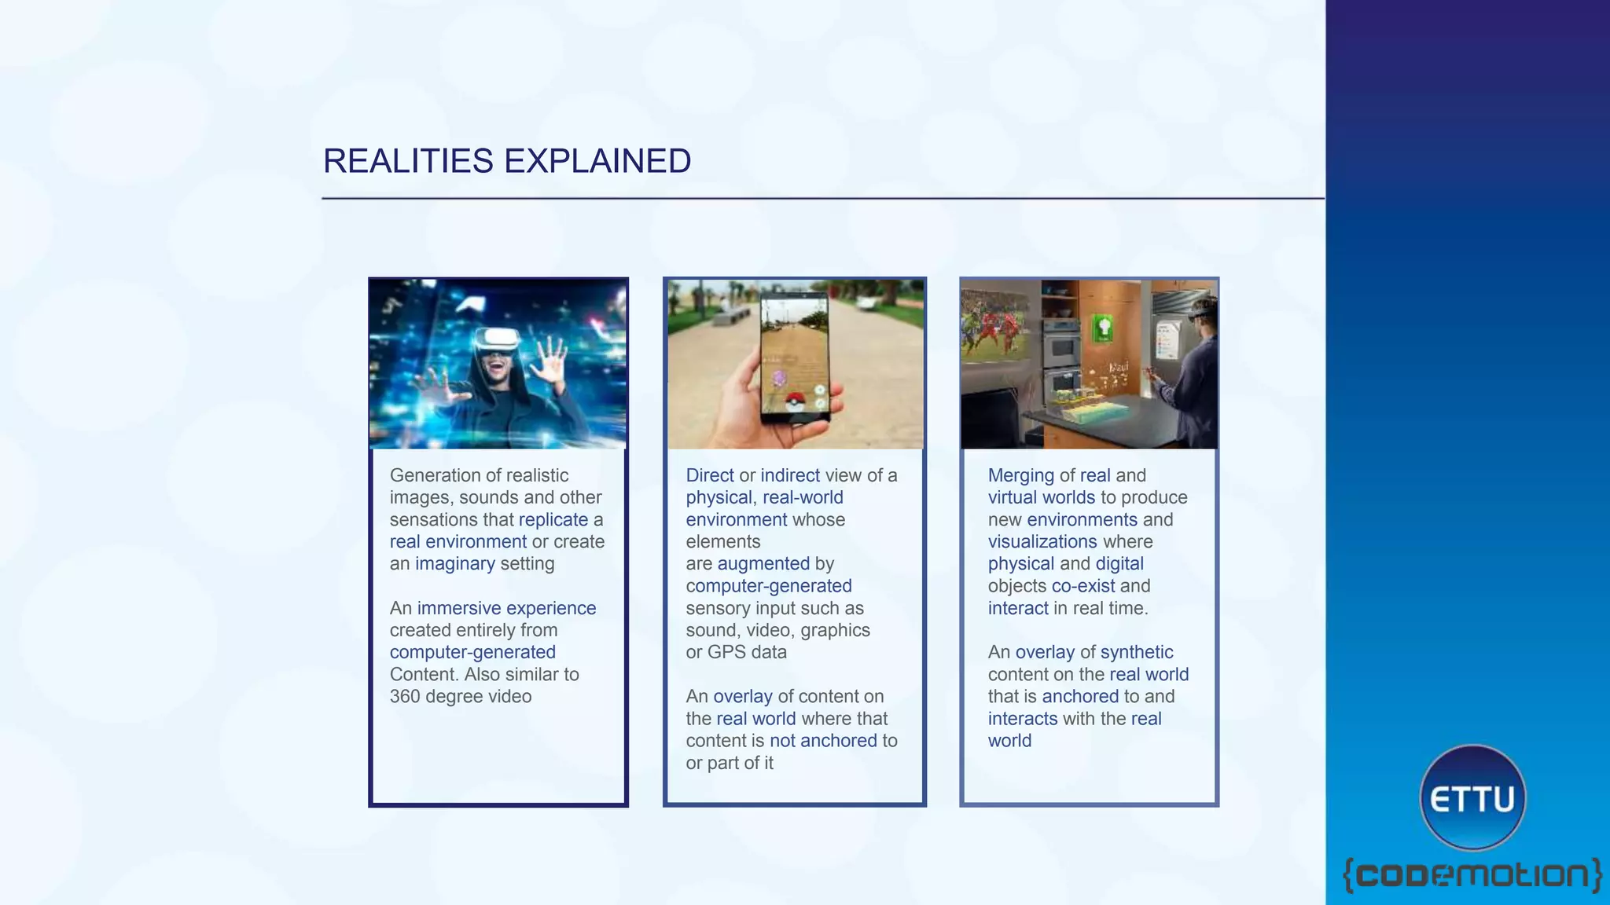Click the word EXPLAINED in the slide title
[x=597, y=161]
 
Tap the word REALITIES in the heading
[x=408, y=161]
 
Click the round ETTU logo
[x=1472, y=798]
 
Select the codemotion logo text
[x=1472, y=875]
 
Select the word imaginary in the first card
[x=455, y=564]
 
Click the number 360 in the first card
[x=405, y=697]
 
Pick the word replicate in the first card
[x=553, y=520]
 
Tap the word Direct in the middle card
[x=710, y=476]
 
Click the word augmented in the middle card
[x=763, y=564]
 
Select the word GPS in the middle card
[x=725, y=652]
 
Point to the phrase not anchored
[x=823, y=741]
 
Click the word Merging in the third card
[x=1020, y=476]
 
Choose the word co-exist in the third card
[x=1083, y=586]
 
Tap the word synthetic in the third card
[x=1137, y=652]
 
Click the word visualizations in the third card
[x=1042, y=542]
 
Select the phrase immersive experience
[x=506, y=608]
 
